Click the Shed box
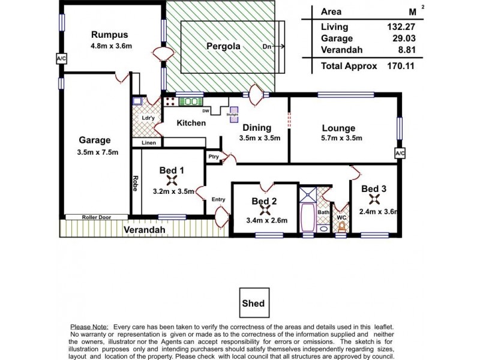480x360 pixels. (x=253, y=304)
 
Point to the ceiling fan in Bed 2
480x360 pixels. (x=264, y=210)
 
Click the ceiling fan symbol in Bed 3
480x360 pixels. (x=374, y=199)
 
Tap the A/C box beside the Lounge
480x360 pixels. (x=400, y=154)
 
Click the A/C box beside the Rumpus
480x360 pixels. (x=61, y=59)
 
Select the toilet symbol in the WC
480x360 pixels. (x=342, y=227)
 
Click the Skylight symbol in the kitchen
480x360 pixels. (x=232, y=114)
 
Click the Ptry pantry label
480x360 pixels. (x=213, y=157)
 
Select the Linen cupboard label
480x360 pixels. (x=148, y=143)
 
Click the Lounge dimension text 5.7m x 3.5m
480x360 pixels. (x=338, y=138)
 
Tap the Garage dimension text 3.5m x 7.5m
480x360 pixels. (x=98, y=152)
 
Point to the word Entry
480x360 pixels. (x=218, y=199)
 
